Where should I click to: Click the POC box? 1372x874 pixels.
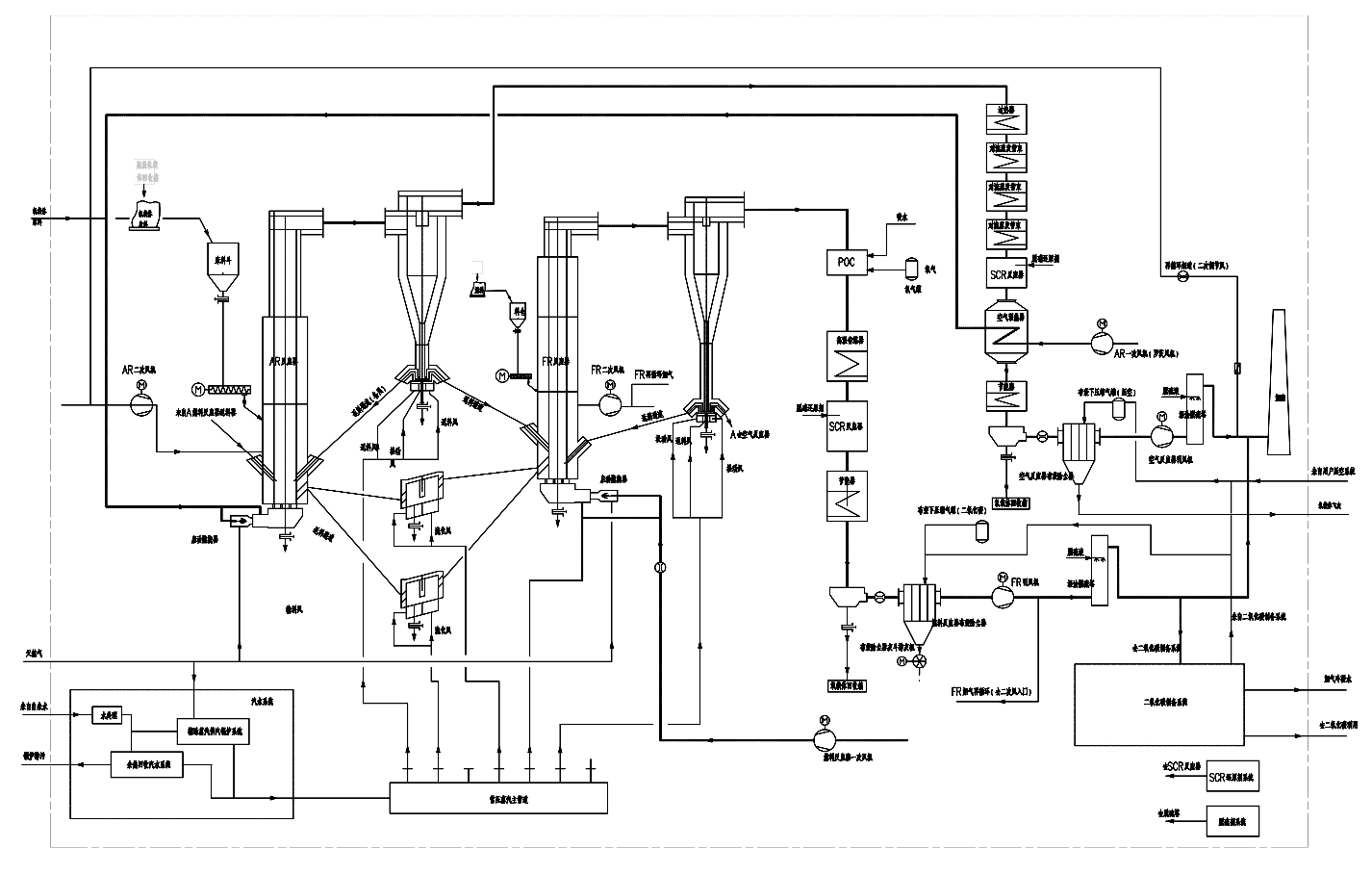coord(848,263)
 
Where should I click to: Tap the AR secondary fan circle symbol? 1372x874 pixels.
coord(142,403)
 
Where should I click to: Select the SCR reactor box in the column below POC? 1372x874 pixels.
coord(848,426)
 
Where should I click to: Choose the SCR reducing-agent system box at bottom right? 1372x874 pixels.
coord(1232,776)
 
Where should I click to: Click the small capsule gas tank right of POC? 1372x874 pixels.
coord(910,266)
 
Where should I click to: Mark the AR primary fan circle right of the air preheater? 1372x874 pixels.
coord(1103,339)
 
